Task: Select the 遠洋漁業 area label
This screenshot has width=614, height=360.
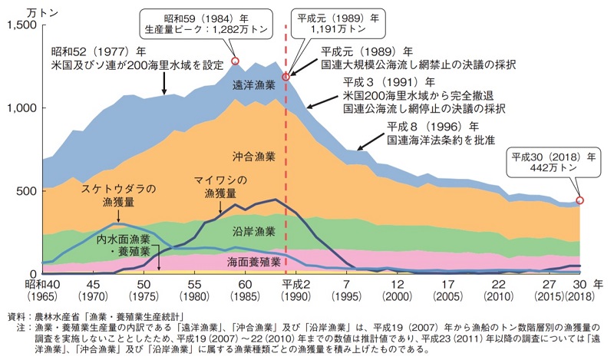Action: pyautogui.click(x=254, y=86)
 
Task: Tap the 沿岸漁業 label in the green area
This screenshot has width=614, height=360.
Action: pyautogui.click(x=253, y=230)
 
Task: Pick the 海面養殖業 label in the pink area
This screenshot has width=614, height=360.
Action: pyautogui.click(x=253, y=263)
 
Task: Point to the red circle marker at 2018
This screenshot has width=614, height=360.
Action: pyautogui.click(x=580, y=200)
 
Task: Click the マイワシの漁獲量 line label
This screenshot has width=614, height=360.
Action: pyautogui.click(x=223, y=187)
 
